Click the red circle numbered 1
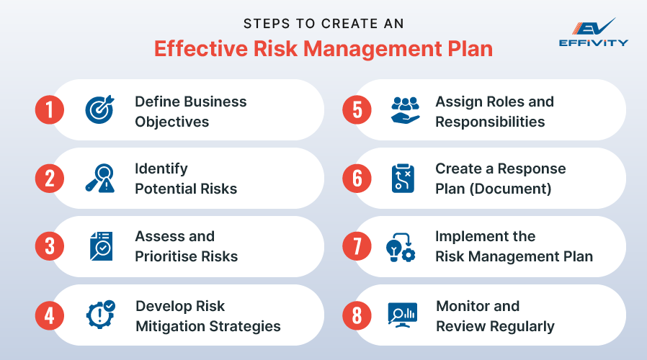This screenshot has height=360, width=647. point(50,110)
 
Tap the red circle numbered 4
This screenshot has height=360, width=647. point(50,315)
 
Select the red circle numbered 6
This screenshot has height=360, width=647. point(357,178)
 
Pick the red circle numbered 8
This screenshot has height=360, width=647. point(357,315)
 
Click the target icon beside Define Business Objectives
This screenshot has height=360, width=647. point(99,110)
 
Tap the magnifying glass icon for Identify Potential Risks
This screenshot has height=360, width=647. point(99,178)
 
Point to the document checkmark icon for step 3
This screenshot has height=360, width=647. point(99,246)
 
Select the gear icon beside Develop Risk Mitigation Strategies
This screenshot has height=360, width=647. point(99,315)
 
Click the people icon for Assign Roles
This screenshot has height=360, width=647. point(404,110)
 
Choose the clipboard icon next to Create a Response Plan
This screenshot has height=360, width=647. point(403,178)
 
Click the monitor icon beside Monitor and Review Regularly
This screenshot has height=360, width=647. point(403,314)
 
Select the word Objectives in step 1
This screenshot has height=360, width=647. point(171,121)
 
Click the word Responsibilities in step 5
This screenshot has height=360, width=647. point(490,121)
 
